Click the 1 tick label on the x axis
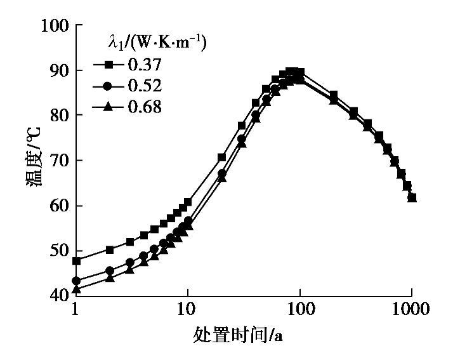pyautogui.click(x=76, y=311)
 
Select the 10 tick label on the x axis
pyautogui.click(x=188, y=311)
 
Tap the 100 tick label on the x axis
pyautogui.click(x=300, y=311)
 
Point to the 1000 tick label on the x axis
pyautogui.click(x=411, y=311)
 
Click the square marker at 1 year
pyautogui.click(x=76, y=261)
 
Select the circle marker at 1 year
pyautogui.click(x=76, y=281)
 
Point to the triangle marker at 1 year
pyautogui.click(x=76, y=290)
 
